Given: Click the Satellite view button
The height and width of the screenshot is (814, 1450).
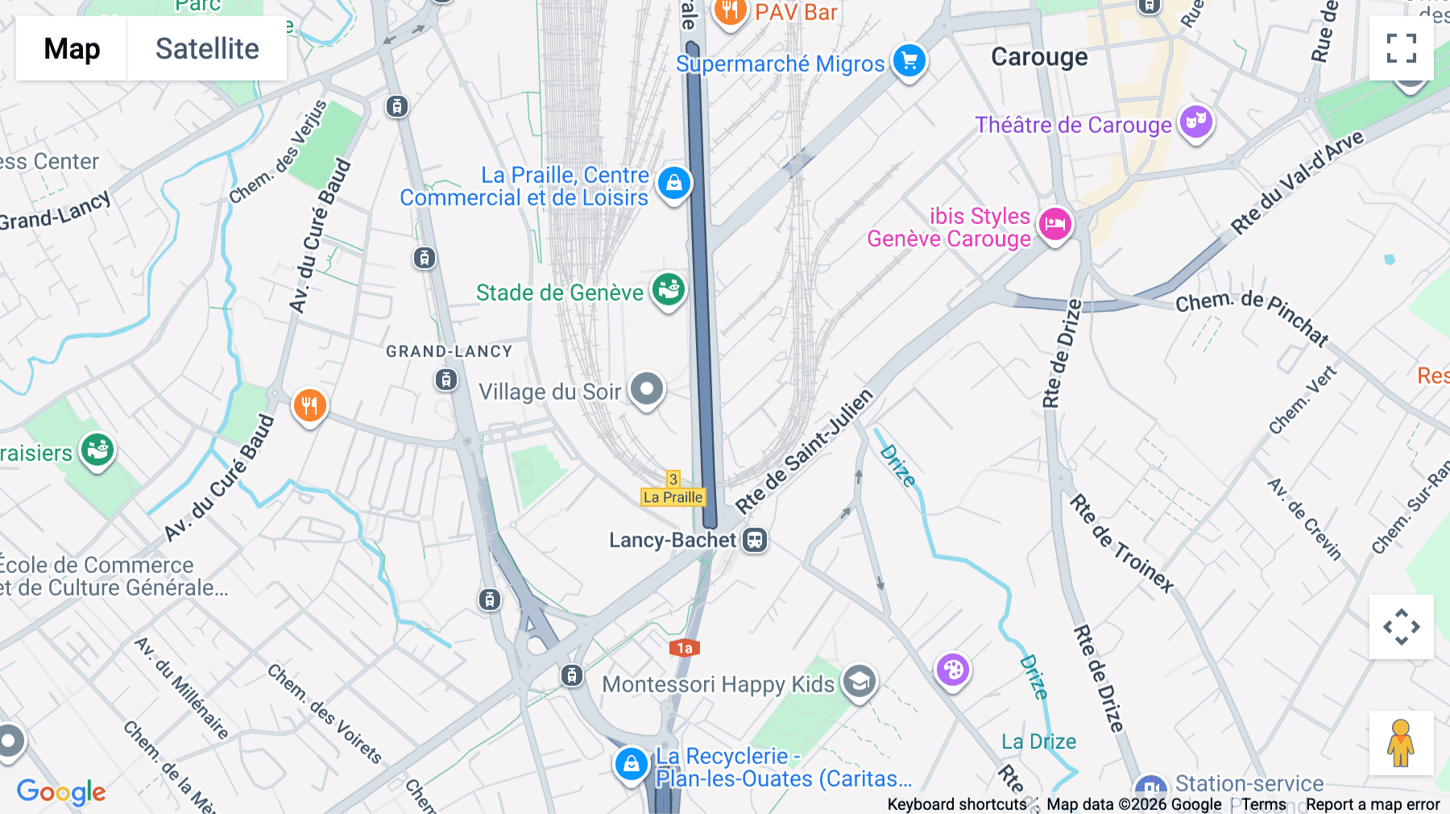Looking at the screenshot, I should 207,48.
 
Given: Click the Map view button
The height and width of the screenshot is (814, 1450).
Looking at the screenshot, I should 72,48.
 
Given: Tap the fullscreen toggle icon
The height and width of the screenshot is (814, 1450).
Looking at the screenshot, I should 1401,48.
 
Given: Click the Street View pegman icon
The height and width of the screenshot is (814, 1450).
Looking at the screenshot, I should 1401,743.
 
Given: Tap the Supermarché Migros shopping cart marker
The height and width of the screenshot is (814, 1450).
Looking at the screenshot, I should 909,60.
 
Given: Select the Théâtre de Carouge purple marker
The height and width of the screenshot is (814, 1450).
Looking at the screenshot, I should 1196,122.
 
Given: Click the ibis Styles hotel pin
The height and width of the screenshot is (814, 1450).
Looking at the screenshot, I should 1054,224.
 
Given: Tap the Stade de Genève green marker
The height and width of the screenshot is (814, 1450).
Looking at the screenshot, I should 669,289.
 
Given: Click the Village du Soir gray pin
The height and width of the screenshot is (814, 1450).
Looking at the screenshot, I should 646,389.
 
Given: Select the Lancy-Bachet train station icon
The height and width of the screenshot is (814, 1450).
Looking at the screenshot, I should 755,540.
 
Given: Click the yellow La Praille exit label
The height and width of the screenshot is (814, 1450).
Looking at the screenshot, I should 673,497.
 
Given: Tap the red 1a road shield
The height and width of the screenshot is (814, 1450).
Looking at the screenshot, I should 684,648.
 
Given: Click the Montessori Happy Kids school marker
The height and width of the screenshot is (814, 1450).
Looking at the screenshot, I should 859,682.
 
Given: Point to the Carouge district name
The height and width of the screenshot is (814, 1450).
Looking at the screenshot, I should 1039,57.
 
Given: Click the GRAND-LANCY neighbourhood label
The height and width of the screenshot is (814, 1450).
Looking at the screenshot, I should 449,351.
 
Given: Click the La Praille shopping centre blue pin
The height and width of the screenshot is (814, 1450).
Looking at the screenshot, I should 674,184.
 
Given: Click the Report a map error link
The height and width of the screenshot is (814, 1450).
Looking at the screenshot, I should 1372,804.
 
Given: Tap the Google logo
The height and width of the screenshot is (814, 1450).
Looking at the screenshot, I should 61,791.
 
